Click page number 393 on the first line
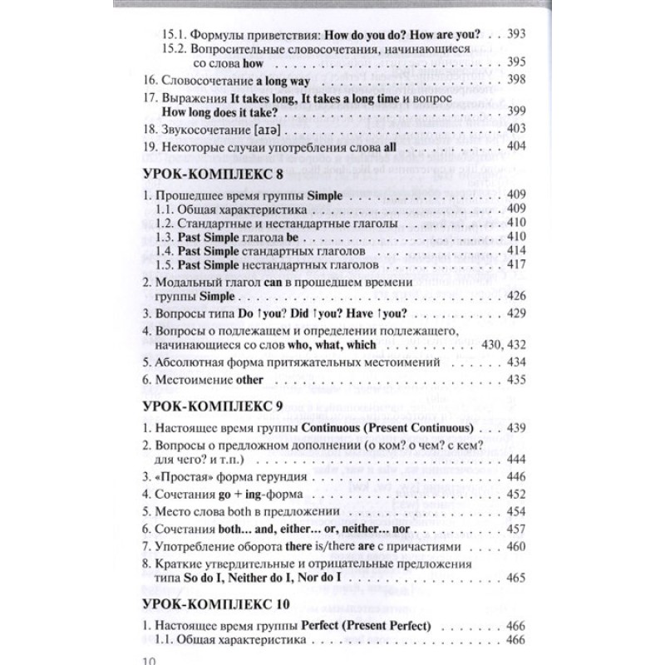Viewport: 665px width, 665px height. [x=518, y=37]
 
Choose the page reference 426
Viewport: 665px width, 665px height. [x=518, y=296]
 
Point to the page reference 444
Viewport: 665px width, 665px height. [x=518, y=459]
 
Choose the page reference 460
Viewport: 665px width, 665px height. [x=518, y=545]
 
